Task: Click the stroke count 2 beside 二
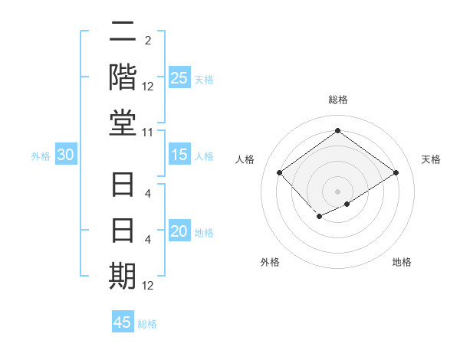(x=147, y=40)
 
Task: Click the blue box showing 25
(x=179, y=78)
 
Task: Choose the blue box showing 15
(x=179, y=155)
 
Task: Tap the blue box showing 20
(x=179, y=232)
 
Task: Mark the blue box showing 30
(x=66, y=155)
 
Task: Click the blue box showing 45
(x=123, y=322)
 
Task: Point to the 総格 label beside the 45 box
(x=147, y=324)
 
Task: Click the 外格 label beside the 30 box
(x=41, y=156)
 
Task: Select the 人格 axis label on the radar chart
(x=245, y=159)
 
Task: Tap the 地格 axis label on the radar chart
(x=402, y=262)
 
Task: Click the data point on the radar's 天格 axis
(x=396, y=173)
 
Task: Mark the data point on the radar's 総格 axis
(x=337, y=130)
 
